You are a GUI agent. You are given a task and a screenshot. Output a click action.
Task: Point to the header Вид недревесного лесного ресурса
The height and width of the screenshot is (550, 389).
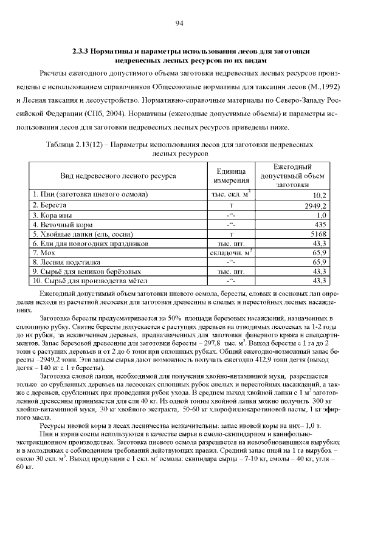(118, 176)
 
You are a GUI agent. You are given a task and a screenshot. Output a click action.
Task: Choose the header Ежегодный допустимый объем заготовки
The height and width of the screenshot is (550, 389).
(292, 176)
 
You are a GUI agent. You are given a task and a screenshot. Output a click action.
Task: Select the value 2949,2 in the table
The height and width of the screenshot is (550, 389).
(315, 206)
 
